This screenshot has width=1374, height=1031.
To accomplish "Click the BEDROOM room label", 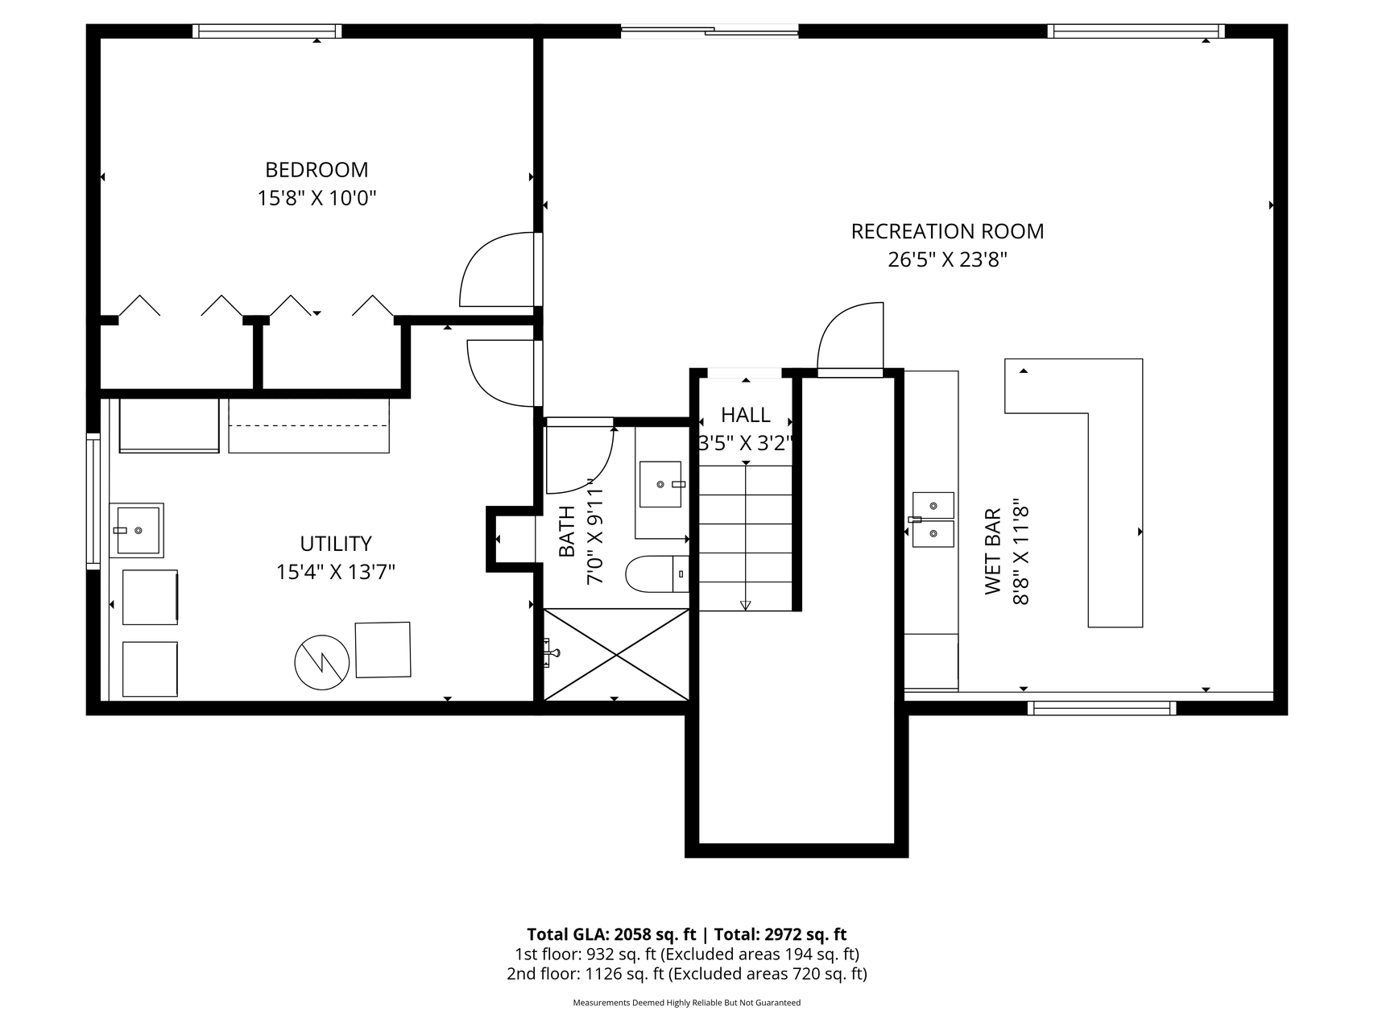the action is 317,170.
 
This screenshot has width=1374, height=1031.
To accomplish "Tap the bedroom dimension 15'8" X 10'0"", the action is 317,198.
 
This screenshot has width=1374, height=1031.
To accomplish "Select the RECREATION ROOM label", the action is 947,231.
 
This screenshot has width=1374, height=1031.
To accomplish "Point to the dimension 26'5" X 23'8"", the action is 948,260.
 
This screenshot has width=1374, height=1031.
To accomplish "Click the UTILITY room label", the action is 336,544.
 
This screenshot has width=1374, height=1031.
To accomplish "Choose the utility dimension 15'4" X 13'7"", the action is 336,572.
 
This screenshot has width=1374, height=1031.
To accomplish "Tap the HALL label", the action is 746,415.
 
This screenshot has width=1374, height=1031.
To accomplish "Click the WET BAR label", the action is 992,551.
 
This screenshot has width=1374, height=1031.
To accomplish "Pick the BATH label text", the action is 567,531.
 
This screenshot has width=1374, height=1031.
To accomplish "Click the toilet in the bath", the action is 657,573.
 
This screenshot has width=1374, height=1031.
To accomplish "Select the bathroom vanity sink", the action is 660,484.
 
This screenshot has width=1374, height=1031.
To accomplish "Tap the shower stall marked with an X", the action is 616,654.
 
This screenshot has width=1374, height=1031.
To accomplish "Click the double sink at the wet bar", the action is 933,520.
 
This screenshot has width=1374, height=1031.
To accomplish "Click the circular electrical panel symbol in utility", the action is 322,662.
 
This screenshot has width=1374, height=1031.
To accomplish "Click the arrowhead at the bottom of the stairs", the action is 746,606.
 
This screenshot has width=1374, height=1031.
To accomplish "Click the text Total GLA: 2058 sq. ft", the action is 611,934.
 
